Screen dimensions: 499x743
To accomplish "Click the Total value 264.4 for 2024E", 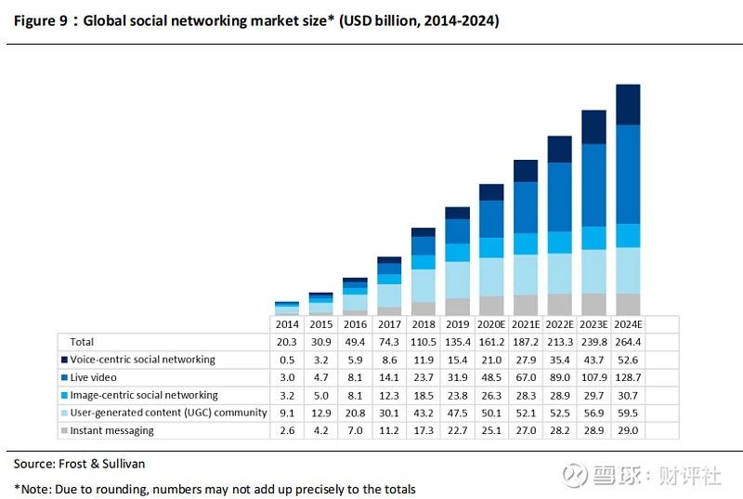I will [628, 342].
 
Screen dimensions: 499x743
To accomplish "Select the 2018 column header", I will [423, 324].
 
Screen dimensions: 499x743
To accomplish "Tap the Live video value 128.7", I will [628, 377].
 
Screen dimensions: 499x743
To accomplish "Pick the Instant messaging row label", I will [111, 430].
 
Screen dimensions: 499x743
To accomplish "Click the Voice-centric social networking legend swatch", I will [63, 360].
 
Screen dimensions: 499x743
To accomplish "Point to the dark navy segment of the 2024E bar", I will [628, 104].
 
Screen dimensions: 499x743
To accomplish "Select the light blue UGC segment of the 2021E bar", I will [526, 274].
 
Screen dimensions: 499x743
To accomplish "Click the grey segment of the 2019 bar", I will [457, 306].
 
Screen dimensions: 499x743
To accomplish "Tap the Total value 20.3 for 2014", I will [286, 342].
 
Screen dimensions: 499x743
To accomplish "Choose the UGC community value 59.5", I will [628, 413].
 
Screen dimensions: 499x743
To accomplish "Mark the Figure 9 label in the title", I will [41, 20].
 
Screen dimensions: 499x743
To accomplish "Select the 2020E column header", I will [491, 324].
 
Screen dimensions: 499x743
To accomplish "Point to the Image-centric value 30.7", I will [628, 395].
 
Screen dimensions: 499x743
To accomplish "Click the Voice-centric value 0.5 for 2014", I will [286, 360].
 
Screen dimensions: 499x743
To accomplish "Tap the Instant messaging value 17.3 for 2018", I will [423, 430].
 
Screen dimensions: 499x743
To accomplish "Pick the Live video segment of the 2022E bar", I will [560, 197].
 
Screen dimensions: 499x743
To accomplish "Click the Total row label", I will [82, 342].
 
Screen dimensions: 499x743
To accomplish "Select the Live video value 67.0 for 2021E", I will [526, 377].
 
